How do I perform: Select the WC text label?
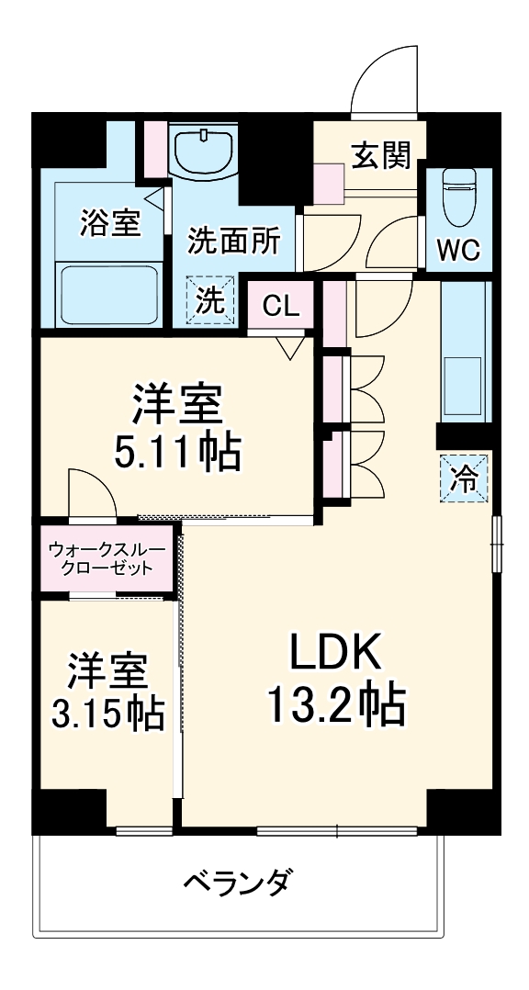point(456,249)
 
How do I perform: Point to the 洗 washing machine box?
point(210,300)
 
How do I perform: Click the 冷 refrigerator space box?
point(465,478)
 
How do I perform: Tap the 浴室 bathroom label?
point(110,223)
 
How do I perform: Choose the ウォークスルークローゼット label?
point(107,557)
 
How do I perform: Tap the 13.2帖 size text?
point(336,704)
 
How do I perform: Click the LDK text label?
point(335,653)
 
